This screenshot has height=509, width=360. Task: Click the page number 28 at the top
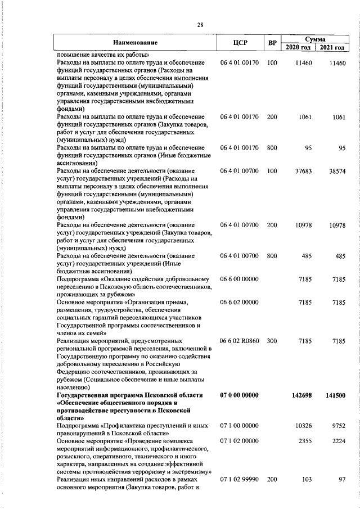coord(200,24)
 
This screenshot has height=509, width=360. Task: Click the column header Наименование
coord(134,42)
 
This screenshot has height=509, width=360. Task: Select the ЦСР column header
coord(240,42)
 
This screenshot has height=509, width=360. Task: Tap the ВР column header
coord(272,42)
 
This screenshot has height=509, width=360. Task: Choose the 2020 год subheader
coord(298,47)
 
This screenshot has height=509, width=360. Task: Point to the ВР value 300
coord(272,341)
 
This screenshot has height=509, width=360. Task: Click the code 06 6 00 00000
coord(240,279)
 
